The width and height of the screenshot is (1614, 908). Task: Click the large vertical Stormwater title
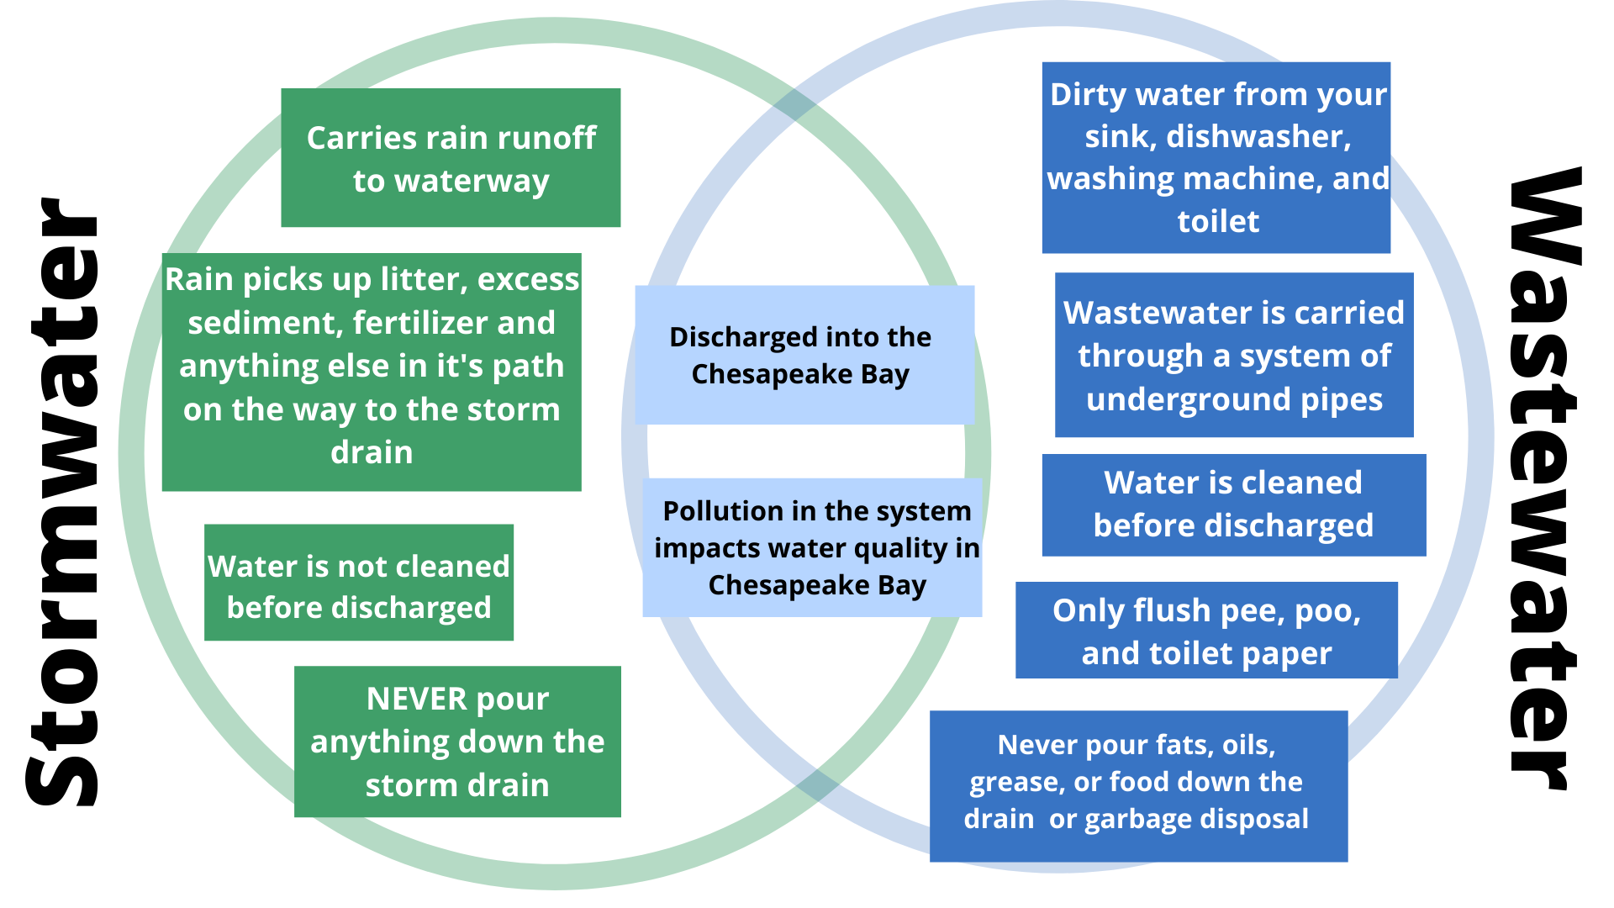click(63, 502)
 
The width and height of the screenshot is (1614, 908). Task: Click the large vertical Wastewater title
click(1545, 479)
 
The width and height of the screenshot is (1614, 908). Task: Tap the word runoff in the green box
click(547, 138)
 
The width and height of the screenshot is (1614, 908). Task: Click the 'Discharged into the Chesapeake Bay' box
click(804, 355)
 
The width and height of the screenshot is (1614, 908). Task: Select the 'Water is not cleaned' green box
click(359, 583)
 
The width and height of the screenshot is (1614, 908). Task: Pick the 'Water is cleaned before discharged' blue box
click(1233, 504)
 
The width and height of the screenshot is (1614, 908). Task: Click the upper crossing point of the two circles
click(794, 106)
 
